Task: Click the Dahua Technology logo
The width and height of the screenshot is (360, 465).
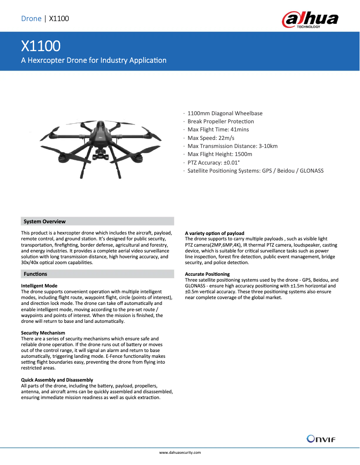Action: click(310, 20)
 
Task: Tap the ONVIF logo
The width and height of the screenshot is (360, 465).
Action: click(321, 439)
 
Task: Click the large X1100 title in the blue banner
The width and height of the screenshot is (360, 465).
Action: click(41, 46)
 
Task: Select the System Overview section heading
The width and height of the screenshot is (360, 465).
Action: click(44, 222)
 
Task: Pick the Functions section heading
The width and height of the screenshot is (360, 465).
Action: click(35, 274)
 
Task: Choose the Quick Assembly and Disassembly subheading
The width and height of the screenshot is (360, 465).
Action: click(57, 380)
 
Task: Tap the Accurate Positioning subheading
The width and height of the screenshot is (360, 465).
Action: click(207, 274)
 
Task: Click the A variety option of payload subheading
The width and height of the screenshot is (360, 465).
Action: click(215, 233)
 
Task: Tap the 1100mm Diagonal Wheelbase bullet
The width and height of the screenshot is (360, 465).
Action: click(225, 113)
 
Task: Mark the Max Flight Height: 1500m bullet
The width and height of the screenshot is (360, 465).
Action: click(220, 154)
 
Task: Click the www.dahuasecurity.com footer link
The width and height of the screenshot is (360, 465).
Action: click(180, 452)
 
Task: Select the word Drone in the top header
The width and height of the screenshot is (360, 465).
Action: click(31, 18)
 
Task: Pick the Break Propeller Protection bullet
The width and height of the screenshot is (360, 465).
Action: click(220, 122)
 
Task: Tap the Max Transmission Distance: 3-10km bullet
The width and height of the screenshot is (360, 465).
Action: click(233, 146)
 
